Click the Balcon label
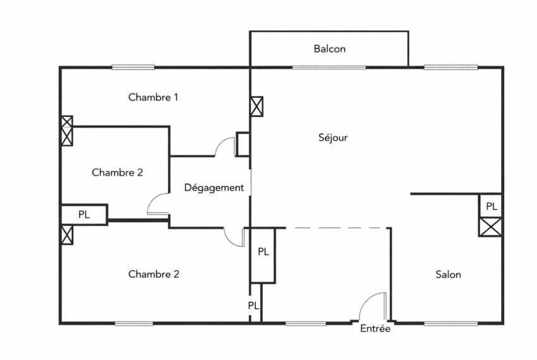pyautogui.click(x=330, y=49)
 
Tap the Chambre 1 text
pyautogui.click(x=153, y=97)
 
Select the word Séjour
pyautogui.click(x=333, y=137)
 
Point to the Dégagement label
pyautogui.click(x=214, y=188)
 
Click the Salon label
pyautogui.click(x=448, y=274)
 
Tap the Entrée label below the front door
pyautogui.click(x=375, y=328)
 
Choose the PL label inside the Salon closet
pyautogui.click(x=491, y=206)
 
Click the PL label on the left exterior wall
pyautogui.click(x=84, y=214)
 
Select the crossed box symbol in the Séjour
pyautogui.click(x=257, y=106)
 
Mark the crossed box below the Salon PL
pyautogui.click(x=491, y=227)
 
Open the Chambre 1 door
pyautogui.click(x=224, y=147)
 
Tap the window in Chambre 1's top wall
pyautogui.click(x=133, y=67)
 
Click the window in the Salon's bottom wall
pyautogui.click(x=450, y=324)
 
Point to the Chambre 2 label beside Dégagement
pyautogui.click(x=117, y=172)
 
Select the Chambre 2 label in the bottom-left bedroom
pyautogui.click(x=154, y=274)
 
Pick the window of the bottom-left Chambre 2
pyautogui.click(x=134, y=324)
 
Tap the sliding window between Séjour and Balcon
pyautogui.click(x=329, y=67)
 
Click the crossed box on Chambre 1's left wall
pyautogui.click(x=67, y=131)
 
